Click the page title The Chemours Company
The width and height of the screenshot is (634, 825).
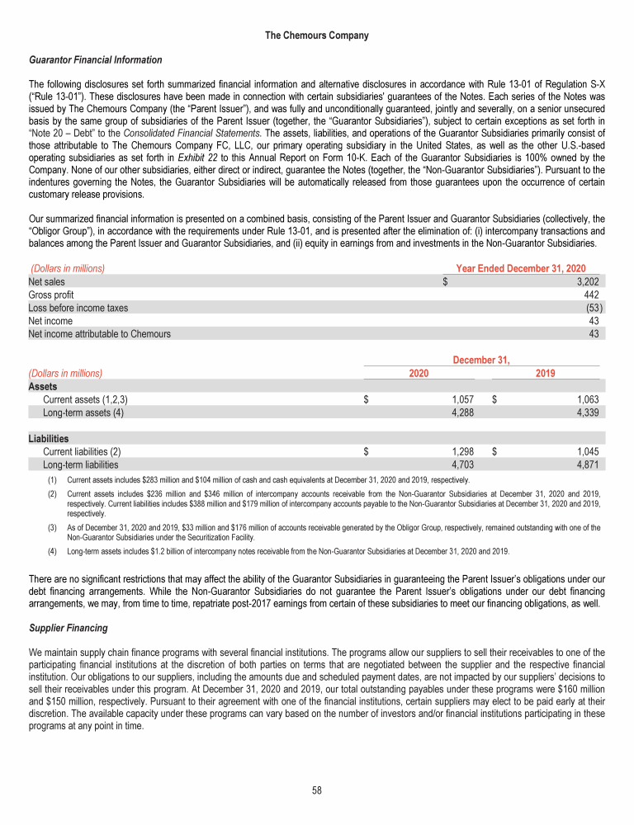pyautogui.click(x=317, y=35)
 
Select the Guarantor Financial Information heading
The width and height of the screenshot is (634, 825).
pyautogui.click(x=95, y=60)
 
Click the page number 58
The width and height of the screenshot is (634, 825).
pyautogui.click(x=317, y=790)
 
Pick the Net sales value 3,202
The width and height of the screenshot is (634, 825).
pyautogui.click(x=586, y=281)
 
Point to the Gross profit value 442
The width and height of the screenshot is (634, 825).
pyautogui.click(x=590, y=295)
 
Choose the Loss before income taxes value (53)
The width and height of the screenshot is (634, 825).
pyautogui.click(x=589, y=308)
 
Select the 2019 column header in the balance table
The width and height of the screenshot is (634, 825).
pyautogui.click(x=545, y=373)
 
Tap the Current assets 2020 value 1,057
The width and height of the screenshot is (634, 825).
pyautogui.click(x=459, y=400)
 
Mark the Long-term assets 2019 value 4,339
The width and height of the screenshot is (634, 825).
pyautogui.click(x=585, y=413)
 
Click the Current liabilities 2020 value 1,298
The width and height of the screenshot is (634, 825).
pyautogui.click(x=459, y=452)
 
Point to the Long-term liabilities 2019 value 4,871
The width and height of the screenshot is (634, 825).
pyautogui.click(x=585, y=465)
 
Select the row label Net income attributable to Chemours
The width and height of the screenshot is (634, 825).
pyautogui.click(x=100, y=334)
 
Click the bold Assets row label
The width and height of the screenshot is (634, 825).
pyautogui.click(x=43, y=386)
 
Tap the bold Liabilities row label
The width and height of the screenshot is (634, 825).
pyautogui.click(x=49, y=439)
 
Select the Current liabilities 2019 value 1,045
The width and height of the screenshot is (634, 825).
pyautogui.click(x=585, y=452)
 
